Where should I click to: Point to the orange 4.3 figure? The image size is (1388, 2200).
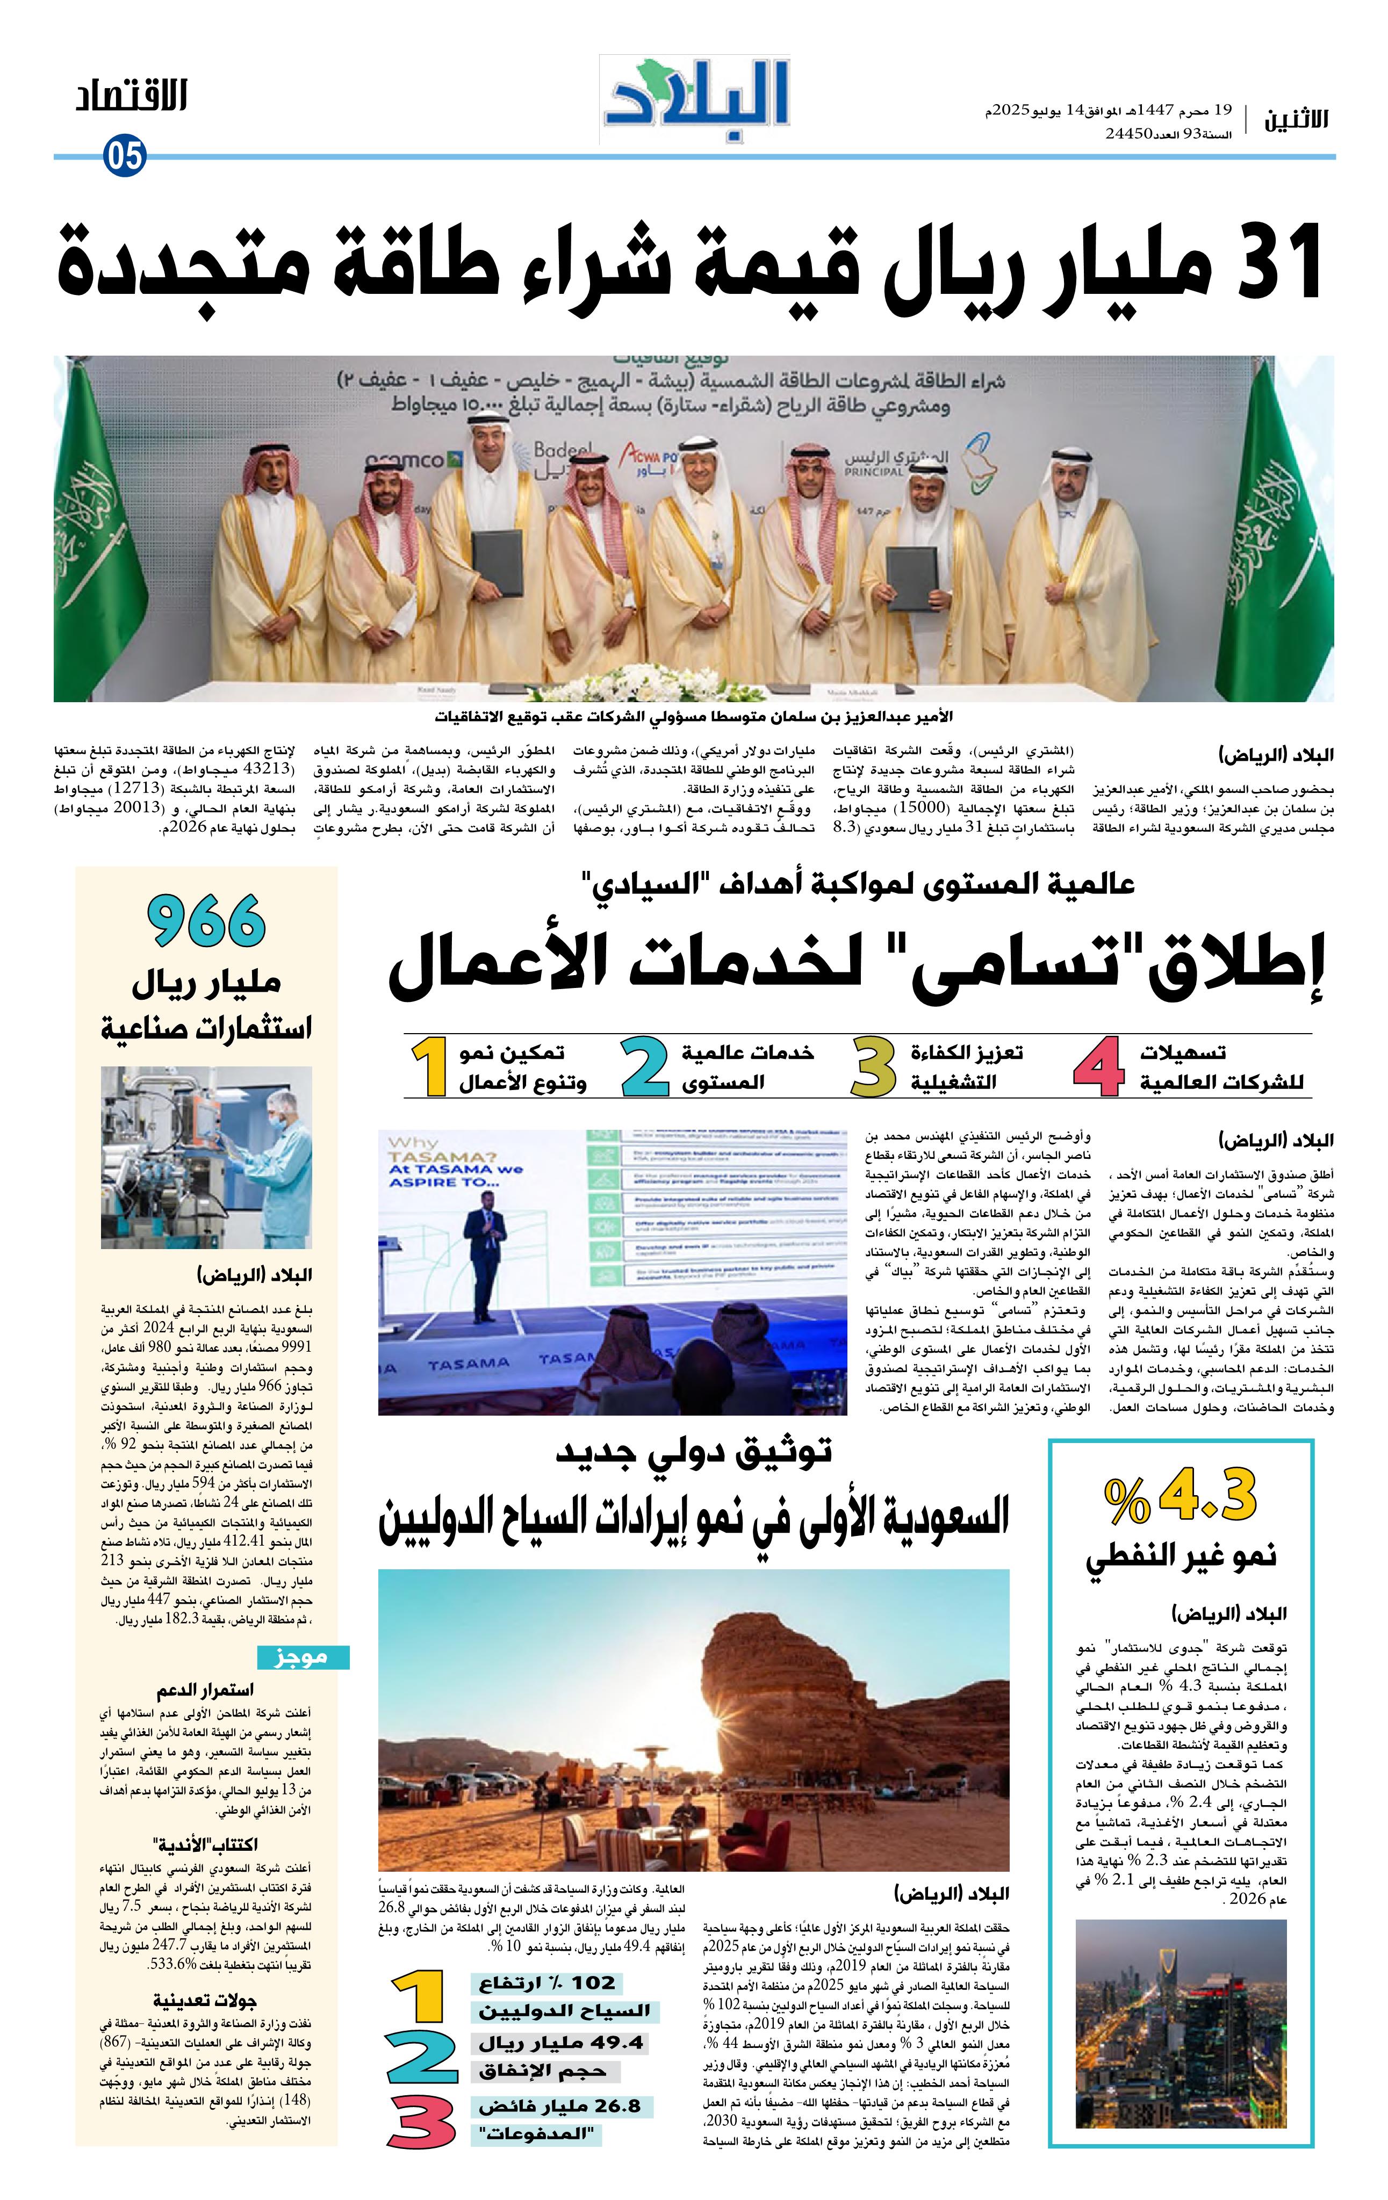coord(1207,1497)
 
